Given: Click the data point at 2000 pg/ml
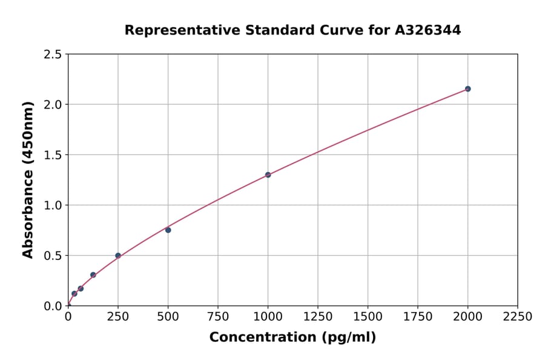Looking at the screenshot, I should [467, 89].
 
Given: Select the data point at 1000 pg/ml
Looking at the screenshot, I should [268, 175].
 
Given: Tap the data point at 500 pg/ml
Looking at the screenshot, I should [168, 230].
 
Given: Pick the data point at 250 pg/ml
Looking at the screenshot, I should [118, 256].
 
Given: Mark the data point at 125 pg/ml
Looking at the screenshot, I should [93, 275].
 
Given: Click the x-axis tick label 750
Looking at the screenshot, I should [218, 317].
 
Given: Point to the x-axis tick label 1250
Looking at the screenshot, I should [318, 317].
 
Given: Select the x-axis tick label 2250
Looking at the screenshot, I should [518, 317].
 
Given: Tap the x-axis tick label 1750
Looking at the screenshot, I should [418, 317].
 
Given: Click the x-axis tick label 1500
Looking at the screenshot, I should [368, 317].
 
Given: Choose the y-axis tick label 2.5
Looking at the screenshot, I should [53, 55].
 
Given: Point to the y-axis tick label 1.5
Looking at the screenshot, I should [53, 155].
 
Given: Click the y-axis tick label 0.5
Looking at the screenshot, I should [53, 256].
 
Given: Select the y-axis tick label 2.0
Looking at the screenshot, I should [53, 105].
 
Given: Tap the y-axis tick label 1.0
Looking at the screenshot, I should [53, 205].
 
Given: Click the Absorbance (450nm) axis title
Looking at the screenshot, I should [28, 180].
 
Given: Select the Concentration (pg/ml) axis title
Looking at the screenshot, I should [292, 338].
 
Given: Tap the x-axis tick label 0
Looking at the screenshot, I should [68, 317].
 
